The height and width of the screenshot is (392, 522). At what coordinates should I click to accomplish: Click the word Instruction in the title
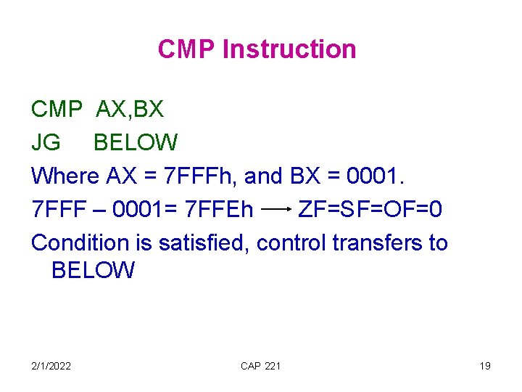289,49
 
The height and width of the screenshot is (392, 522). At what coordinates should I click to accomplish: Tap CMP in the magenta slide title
187,49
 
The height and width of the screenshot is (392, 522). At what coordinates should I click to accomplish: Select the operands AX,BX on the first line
130,110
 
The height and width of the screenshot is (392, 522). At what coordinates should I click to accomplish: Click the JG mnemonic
46,142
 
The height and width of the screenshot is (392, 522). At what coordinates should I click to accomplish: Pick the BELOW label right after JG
136,142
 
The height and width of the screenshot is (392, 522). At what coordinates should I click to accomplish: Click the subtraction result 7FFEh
219,209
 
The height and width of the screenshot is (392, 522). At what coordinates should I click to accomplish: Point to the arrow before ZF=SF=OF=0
275,210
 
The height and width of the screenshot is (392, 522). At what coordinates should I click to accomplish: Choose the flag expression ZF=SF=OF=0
370,209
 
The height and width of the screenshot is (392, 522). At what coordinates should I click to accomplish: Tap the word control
291,242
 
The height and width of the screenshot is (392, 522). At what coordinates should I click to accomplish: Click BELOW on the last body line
93,271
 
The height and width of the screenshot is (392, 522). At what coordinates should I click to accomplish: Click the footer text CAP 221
260,366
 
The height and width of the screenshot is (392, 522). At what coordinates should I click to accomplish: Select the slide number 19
484,366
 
